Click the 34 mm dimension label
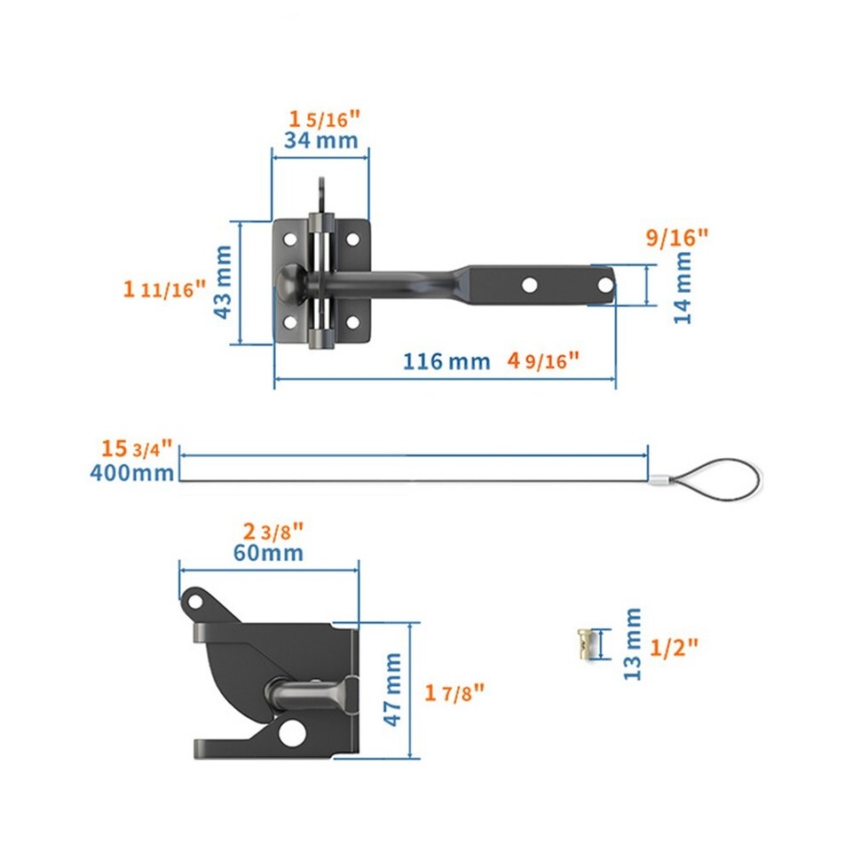pyautogui.click(x=320, y=140)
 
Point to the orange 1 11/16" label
pyautogui.click(x=164, y=288)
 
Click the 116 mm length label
pyautogui.click(x=446, y=361)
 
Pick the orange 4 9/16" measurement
pyautogui.click(x=543, y=360)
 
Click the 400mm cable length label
pyautogui.click(x=132, y=472)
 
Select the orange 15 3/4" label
pyautogui.click(x=136, y=448)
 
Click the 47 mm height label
pyautogui.click(x=393, y=690)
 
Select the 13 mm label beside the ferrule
pyautogui.click(x=632, y=643)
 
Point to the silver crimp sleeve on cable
pyautogui.click(x=658, y=480)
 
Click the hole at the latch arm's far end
pyautogui.click(x=603, y=285)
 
